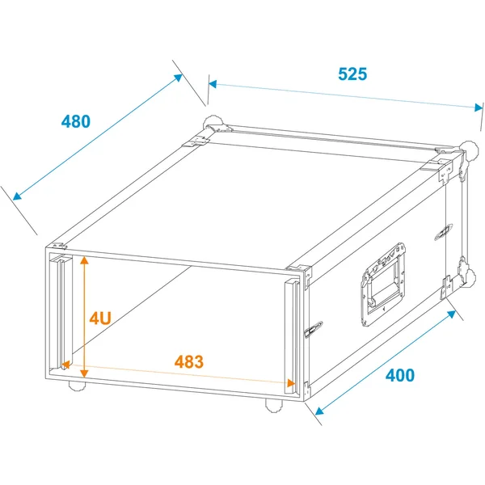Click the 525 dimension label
(x=352, y=74)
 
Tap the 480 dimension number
(x=76, y=121)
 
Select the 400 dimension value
(x=400, y=375)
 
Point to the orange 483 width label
(x=189, y=361)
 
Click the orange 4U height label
(x=100, y=318)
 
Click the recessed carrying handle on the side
(x=384, y=285)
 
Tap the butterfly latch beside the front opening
(x=314, y=330)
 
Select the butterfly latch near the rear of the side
(x=444, y=232)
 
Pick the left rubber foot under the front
(x=77, y=386)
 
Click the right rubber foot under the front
(x=274, y=405)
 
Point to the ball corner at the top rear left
(x=213, y=124)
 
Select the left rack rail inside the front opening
(x=61, y=312)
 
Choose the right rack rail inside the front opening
(x=292, y=337)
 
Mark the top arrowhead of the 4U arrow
(x=84, y=259)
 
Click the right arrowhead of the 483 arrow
(x=291, y=383)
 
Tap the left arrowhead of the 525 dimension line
(x=213, y=84)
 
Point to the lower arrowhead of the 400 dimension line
(x=319, y=411)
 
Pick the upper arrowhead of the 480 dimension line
(x=179, y=78)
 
